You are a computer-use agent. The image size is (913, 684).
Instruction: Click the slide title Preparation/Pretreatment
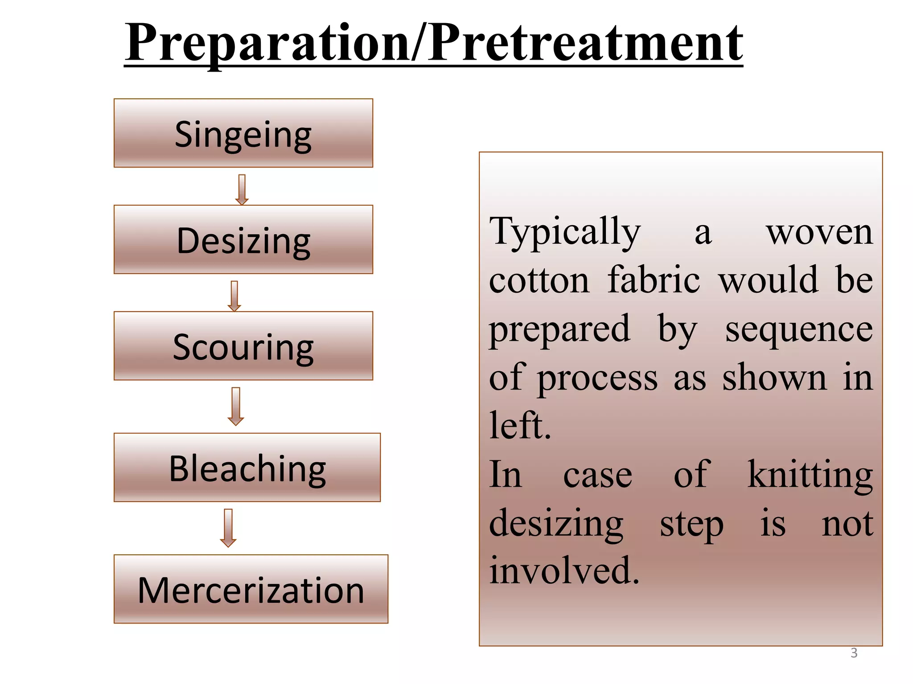[x=433, y=44]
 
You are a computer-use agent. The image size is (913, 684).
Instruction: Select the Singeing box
[x=243, y=133]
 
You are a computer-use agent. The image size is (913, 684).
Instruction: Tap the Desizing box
[x=243, y=240]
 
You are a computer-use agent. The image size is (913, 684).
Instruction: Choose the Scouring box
[x=243, y=346]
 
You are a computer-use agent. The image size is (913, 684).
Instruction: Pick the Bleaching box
[x=247, y=468]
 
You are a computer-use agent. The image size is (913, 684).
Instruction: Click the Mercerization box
[x=251, y=589]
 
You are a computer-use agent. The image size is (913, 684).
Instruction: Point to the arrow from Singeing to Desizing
[x=242, y=189]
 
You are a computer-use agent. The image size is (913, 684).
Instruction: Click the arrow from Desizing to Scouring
[x=234, y=296]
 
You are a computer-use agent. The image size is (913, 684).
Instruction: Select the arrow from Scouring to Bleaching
[x=235, y=406]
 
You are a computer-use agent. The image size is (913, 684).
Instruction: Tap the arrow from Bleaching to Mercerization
[x=228, y=527]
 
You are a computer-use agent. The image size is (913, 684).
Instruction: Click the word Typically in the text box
[x=565, y=232]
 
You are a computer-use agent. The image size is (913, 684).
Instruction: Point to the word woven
[x=819, y=232]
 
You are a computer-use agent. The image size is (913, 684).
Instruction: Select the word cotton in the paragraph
[x=539, y=281]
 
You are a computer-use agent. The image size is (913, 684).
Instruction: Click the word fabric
[x=654, y=281]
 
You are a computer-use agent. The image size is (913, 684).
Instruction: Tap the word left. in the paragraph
[x=520, y=425]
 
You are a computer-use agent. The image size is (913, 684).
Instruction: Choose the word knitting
[x=810, y=475]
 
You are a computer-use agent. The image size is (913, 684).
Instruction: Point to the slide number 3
[x=854, y=653]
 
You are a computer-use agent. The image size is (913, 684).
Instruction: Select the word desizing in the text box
[x=556, y=524]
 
